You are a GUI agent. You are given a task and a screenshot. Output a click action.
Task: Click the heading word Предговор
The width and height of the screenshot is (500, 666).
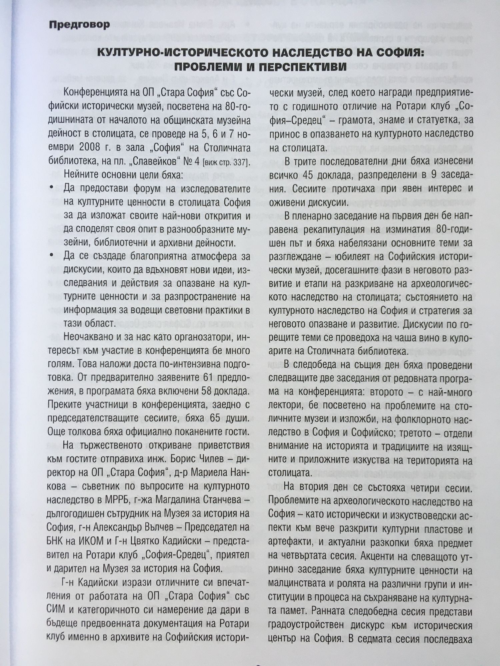(79, 25)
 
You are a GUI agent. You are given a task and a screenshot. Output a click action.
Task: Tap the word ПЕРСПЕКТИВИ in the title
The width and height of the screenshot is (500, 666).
(298, 66)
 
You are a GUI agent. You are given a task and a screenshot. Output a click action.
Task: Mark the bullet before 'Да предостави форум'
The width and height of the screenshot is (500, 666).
(51, 188)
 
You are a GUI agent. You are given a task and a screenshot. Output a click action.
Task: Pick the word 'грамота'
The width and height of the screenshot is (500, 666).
(357, 120)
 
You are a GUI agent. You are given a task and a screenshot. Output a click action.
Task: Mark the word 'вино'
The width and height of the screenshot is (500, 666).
(419, 337)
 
